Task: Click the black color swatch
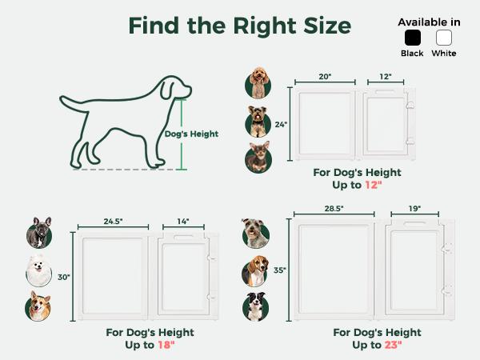(412, 38)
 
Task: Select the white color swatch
(443, 38)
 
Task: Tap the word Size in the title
(327, 26)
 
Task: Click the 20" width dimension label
(325, 77)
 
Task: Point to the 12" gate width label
(386, 77)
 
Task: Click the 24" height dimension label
(281, 125)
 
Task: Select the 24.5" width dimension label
(113, 222)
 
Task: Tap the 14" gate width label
(183, 222)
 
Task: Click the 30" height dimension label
(64, 277)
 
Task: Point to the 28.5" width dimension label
(334, 209)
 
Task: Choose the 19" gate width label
(414, 209)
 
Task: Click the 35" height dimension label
(280, 270)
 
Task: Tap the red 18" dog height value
(166, 345)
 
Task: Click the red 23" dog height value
(393, 345)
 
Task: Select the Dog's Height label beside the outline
(191, 134)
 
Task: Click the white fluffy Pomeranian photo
(38, 271)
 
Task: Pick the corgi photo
(38, 306)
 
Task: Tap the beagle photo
(255, 271)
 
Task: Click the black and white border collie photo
(256, 306)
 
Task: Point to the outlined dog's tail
(74, 104)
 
